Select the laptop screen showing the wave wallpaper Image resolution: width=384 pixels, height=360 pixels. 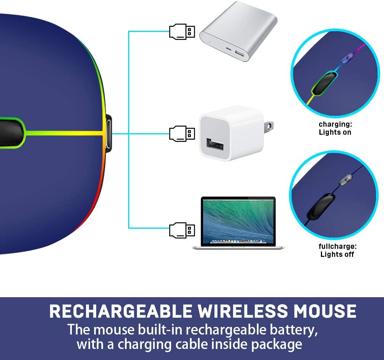(238, 220)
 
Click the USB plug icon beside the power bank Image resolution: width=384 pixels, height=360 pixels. (182, 31)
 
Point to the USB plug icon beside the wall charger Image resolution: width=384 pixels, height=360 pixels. (182, 133)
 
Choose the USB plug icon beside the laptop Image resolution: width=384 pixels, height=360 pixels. (182, 230)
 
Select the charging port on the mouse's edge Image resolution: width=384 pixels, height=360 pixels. (108, 133)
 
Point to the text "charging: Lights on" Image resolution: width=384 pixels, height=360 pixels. (335, 128)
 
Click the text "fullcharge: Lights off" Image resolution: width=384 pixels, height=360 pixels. (337, 250)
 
